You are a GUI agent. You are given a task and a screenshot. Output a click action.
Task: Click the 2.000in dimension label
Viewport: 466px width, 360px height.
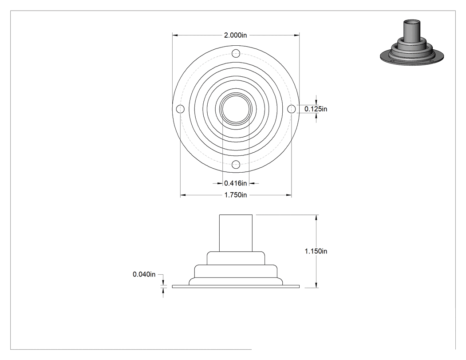click(235, 35)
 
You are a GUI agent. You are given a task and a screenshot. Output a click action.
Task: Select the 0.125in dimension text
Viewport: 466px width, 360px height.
click(316, 109)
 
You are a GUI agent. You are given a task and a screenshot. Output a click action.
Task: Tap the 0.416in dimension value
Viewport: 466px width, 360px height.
click(235, 183)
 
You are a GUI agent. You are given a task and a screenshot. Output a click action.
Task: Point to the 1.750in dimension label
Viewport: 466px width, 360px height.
click(235, 195)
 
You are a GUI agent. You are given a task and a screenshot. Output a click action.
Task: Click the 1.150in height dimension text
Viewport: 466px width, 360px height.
click(316, 251)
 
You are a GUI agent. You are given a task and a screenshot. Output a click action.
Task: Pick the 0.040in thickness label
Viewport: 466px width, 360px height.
click(144, 274)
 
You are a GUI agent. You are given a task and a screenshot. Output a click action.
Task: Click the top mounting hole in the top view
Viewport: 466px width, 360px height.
click(236, 54)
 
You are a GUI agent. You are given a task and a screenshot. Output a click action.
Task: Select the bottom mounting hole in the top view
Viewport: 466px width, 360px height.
click(236, 164)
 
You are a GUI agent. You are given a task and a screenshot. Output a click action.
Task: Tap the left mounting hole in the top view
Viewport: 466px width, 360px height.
click(180, 109)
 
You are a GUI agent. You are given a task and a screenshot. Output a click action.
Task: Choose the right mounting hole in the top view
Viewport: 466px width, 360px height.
click(291, 109)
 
